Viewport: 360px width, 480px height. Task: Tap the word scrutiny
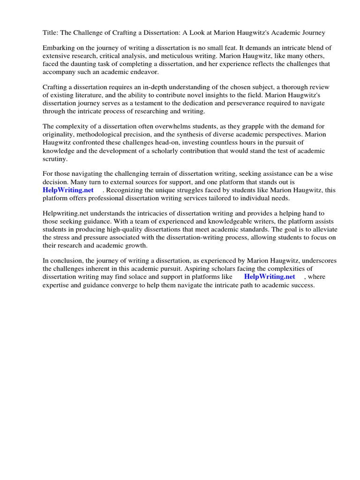[55, 158]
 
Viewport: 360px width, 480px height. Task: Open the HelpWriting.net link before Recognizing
[68, 190]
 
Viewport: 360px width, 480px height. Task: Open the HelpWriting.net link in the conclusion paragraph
[270, 277]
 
